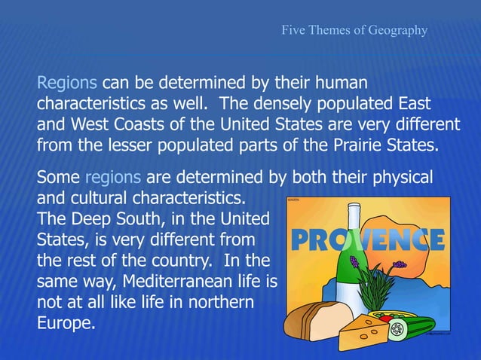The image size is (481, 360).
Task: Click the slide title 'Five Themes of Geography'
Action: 354,31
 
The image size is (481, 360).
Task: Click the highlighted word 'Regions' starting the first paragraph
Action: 67,82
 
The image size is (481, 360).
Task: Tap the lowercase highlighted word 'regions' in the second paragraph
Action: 113,178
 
